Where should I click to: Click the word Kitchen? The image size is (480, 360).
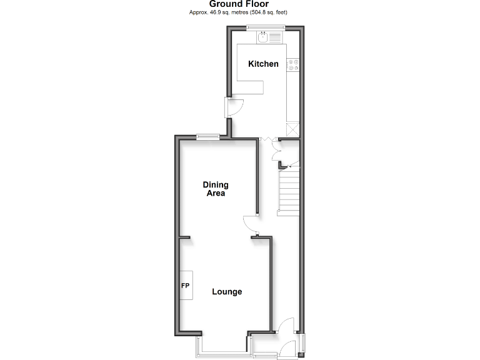coord(263,64)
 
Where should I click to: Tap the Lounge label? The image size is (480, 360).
coord(227,291)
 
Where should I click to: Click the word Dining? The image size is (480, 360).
coord(216,184)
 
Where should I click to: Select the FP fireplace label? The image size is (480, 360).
coord(185,286)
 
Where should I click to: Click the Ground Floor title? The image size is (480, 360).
coord(239,4)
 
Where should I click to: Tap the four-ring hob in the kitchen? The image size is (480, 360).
coord(293,64)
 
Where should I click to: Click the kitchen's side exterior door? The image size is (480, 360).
coord(232,107)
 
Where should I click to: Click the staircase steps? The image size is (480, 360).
coord(288,192)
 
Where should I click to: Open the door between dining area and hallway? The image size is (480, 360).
coord(250,224)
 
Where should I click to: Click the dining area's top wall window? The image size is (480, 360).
coord(207,137)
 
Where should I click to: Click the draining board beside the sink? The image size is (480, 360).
coord(277,37)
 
